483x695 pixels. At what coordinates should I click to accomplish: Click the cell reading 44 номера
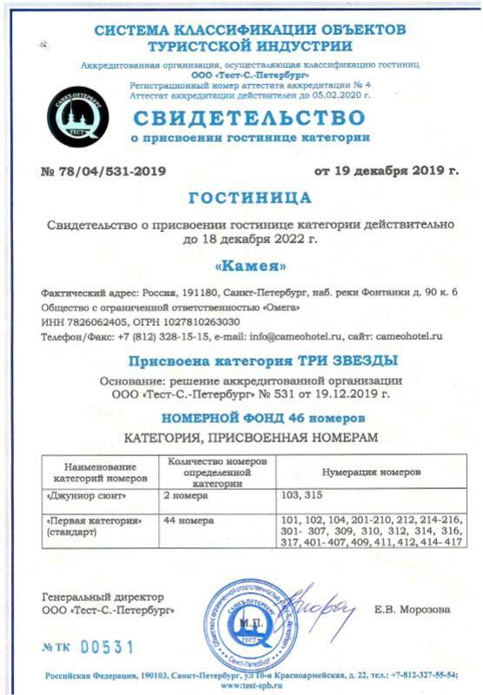point(189,520)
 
